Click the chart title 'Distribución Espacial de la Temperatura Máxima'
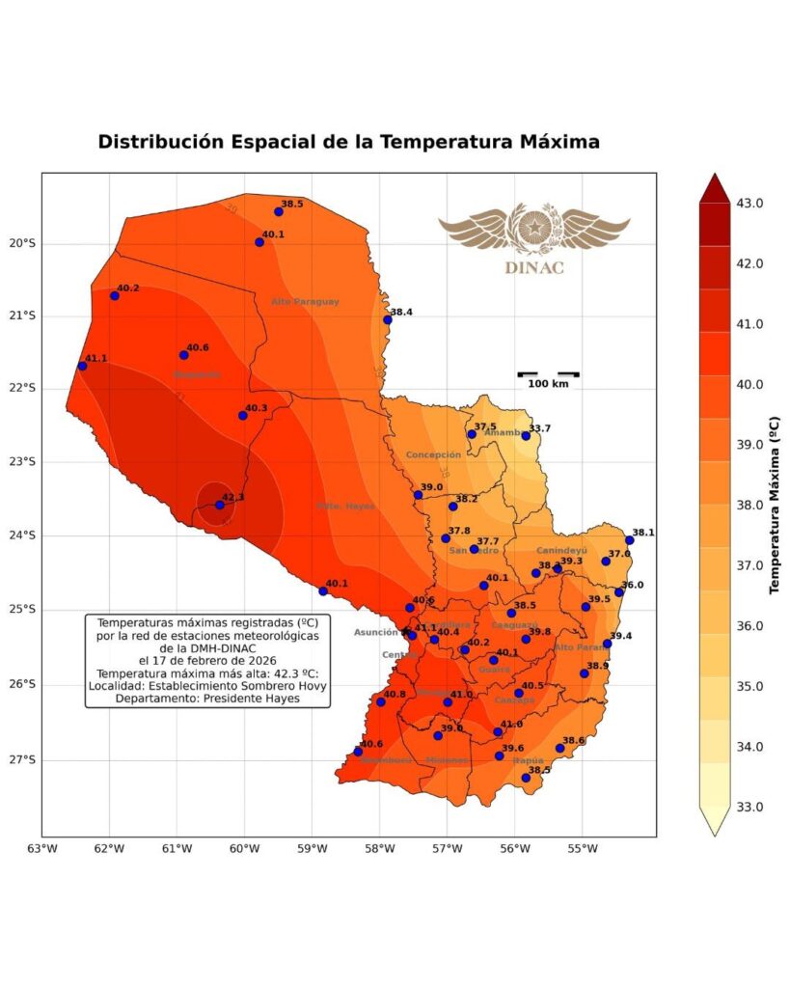[349, 142]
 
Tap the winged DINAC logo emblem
[533, 231]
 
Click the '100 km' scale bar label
[548, 384]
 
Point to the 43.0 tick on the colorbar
[751, 204]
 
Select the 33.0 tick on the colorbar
[751, 807]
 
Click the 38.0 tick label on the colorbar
[751, 506]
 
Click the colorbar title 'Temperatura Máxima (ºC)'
[774, 505]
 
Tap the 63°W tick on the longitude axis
[42, 849]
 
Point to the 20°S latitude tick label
[20, 243]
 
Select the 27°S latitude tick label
[20, 760]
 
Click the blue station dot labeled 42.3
[220, 505]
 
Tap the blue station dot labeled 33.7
[526, 436]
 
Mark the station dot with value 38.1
[630, 540]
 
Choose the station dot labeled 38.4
[388, 319]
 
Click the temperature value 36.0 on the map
[633, 585]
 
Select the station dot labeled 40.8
[381, 701]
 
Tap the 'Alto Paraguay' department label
[305, 302]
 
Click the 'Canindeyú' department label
[561, 551]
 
